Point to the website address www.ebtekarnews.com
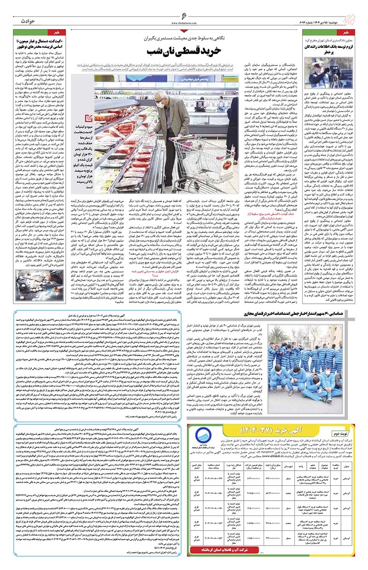click(x=184, y=26)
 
